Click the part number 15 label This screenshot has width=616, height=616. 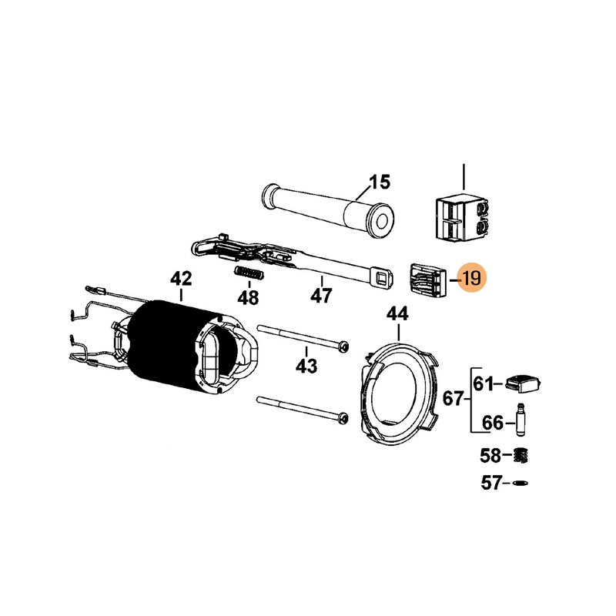tap(380, 182)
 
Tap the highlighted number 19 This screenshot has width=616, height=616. tap(471, 278)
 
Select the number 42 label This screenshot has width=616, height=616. tap(181, 279)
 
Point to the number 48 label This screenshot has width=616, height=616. tap(248, 298)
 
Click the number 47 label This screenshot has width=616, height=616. tap(321, 296)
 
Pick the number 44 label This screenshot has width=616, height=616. tap(397, 314)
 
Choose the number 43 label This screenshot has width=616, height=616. tap(306, 367)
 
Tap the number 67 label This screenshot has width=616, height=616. tap(454, 399)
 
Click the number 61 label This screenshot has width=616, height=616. tap(484, 383)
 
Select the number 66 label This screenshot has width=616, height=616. tap(493, 423)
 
